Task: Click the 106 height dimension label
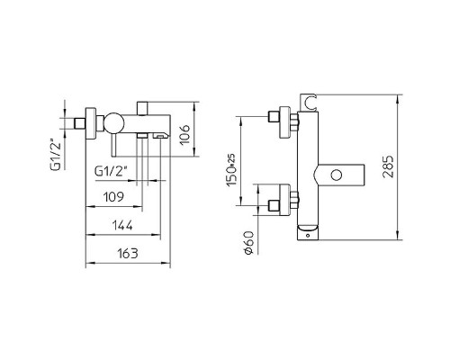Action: coord(185,134)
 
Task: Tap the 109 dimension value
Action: coord(113,197)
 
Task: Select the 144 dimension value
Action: coord(122,225)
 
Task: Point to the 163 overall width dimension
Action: coord(128,254)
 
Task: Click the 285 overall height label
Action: coord(388,166)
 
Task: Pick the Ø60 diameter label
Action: coord(249,243)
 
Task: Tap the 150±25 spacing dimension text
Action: coord(231,170)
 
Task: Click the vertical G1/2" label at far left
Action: coord(56,155)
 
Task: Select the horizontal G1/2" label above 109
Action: coord(111,171)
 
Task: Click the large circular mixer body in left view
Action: coord(114,122)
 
